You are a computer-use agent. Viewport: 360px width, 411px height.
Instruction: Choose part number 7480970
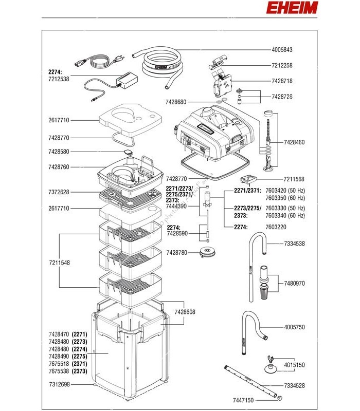pos(295,283)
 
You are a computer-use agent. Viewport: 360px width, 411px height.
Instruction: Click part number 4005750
pos(295,327)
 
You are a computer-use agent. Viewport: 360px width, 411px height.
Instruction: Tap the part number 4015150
pos(295,365)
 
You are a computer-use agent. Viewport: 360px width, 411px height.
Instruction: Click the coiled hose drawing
pos(159,64)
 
